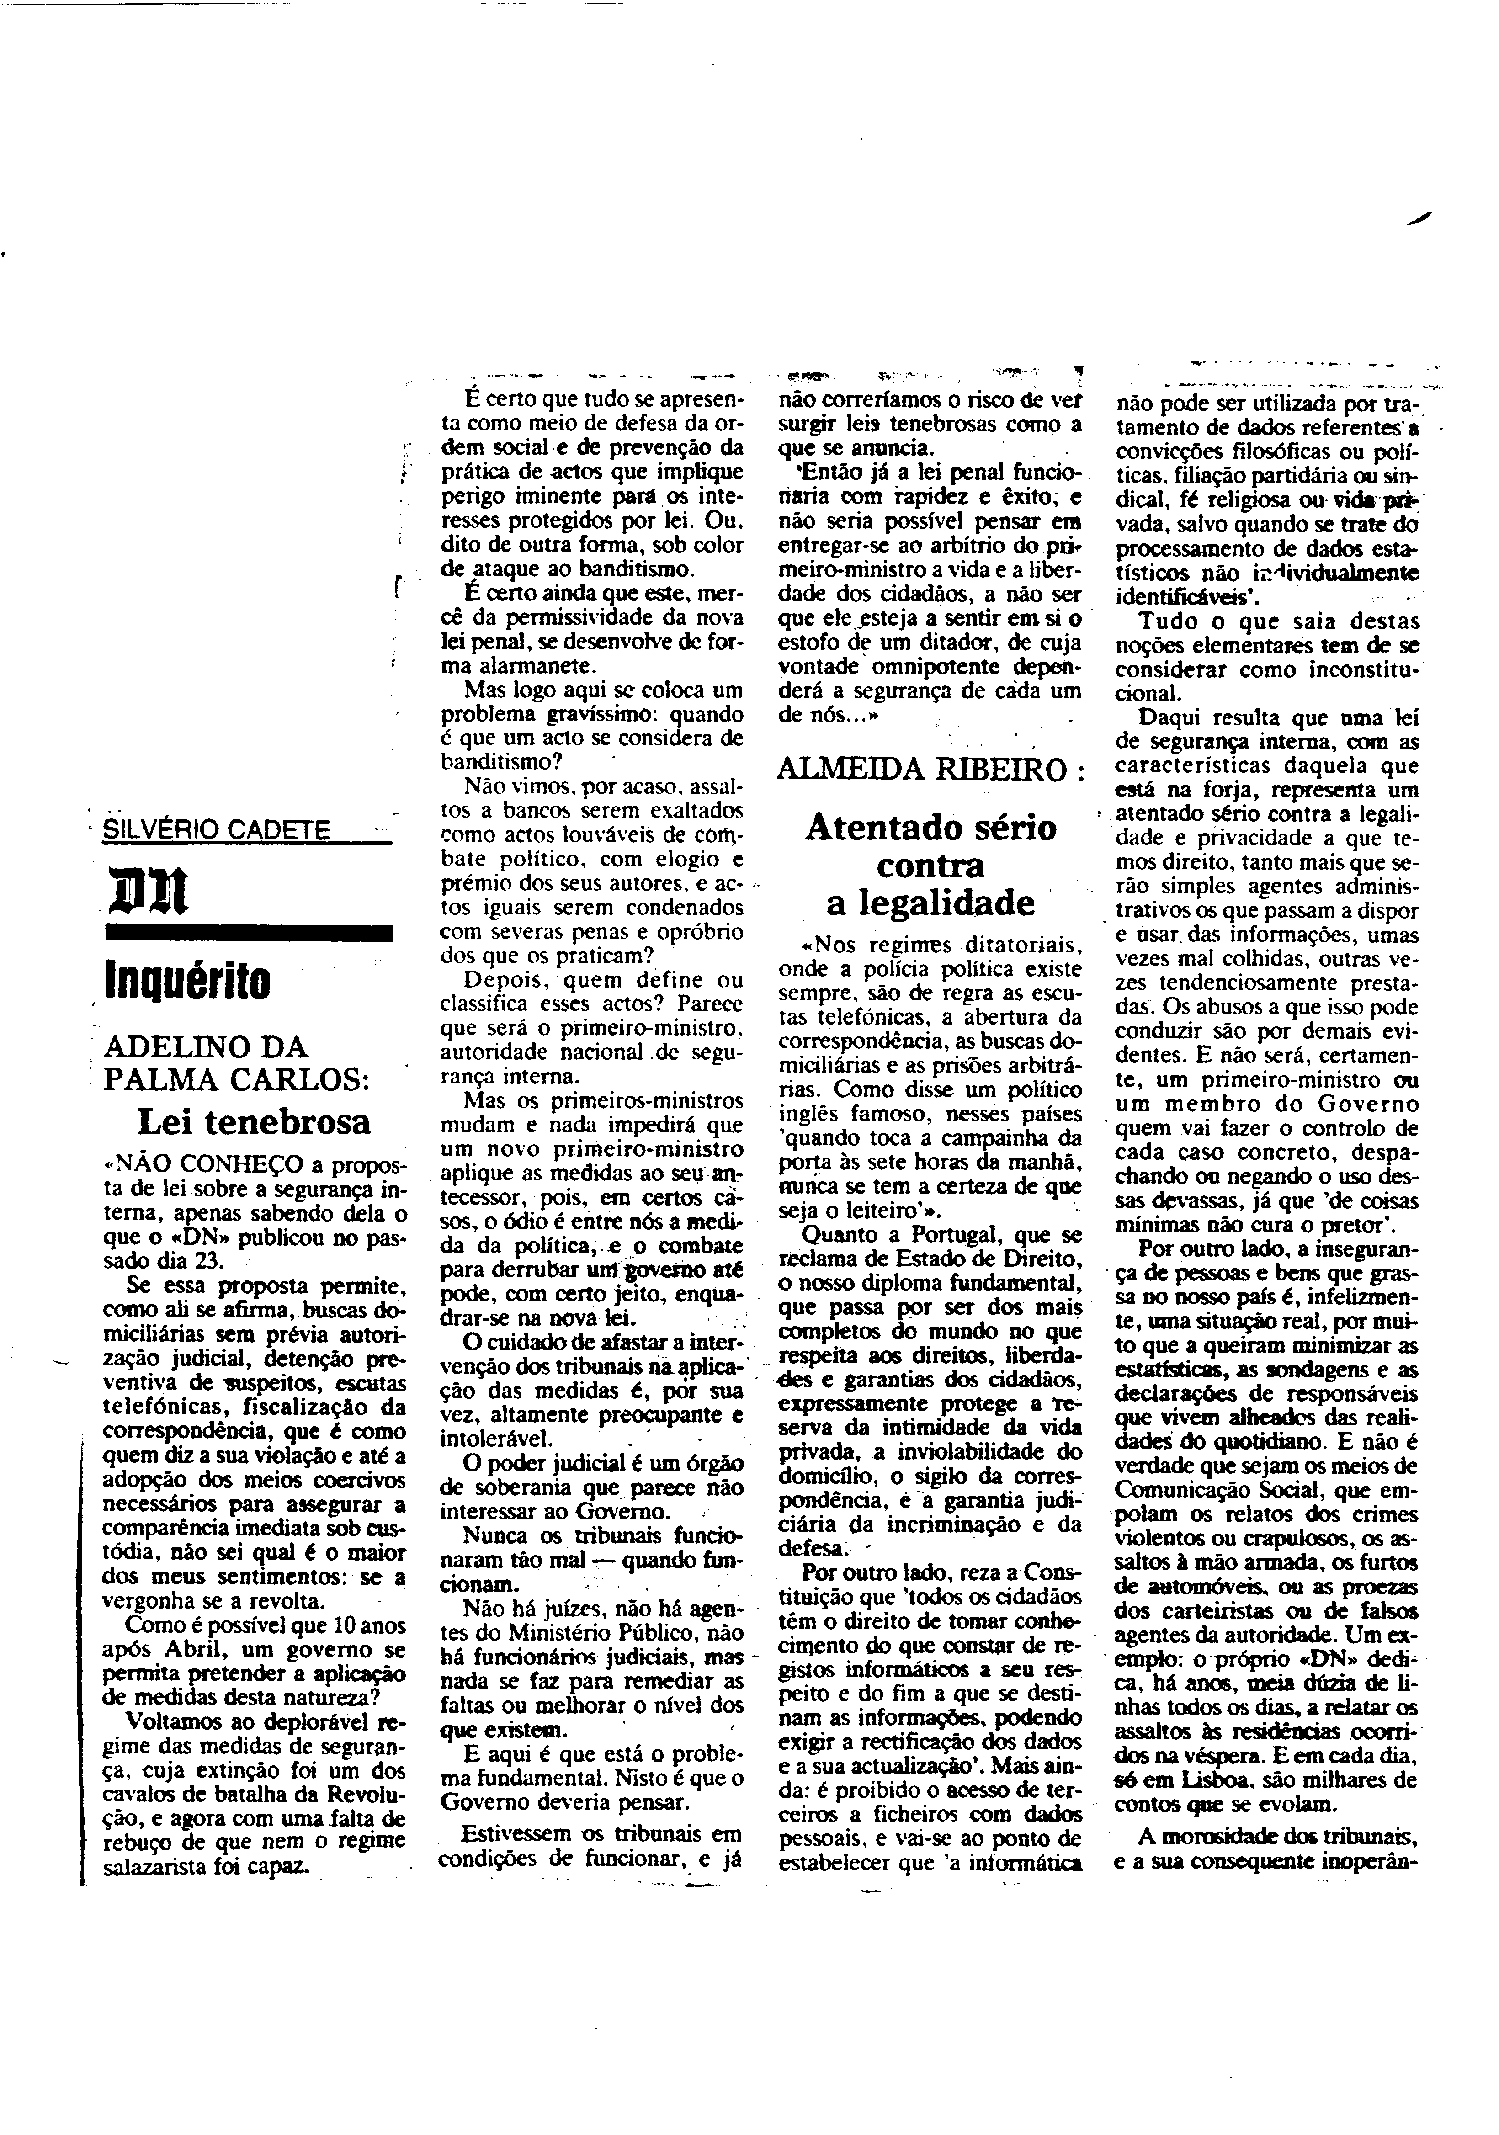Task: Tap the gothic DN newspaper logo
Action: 149,891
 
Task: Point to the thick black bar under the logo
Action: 249,934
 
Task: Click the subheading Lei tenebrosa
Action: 254,1122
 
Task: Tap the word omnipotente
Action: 941,667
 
